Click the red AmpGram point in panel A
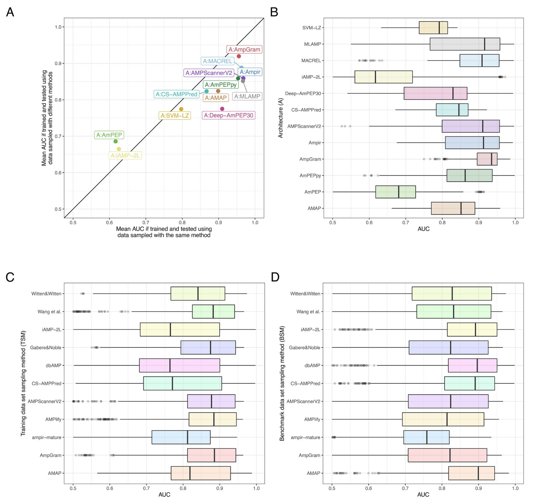tap(239, 56)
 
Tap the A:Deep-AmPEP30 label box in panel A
tap(229, 115)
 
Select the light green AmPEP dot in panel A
tap(116, 141)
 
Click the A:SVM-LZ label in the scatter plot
tap(175, 116)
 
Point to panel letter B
tap(274, 12)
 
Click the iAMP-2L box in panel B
tap(384, 77)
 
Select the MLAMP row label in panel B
tap(312, 44)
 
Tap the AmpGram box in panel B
tap(487, 159)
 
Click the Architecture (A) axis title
tap(281, 118)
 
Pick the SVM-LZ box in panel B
tap(433, 28)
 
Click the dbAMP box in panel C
tap(179, 366)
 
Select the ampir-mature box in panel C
tap(181, 437)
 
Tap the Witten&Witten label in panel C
tap(46, 294)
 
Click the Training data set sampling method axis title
tap(23, 383)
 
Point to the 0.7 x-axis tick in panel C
tap(147, 488)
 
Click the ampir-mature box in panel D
tap(426, 437)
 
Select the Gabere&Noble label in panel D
tap(304, 347)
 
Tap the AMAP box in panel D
tap(472, 473)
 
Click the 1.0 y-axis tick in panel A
tap(58, 27)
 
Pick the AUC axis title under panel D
tap(423, 495)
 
